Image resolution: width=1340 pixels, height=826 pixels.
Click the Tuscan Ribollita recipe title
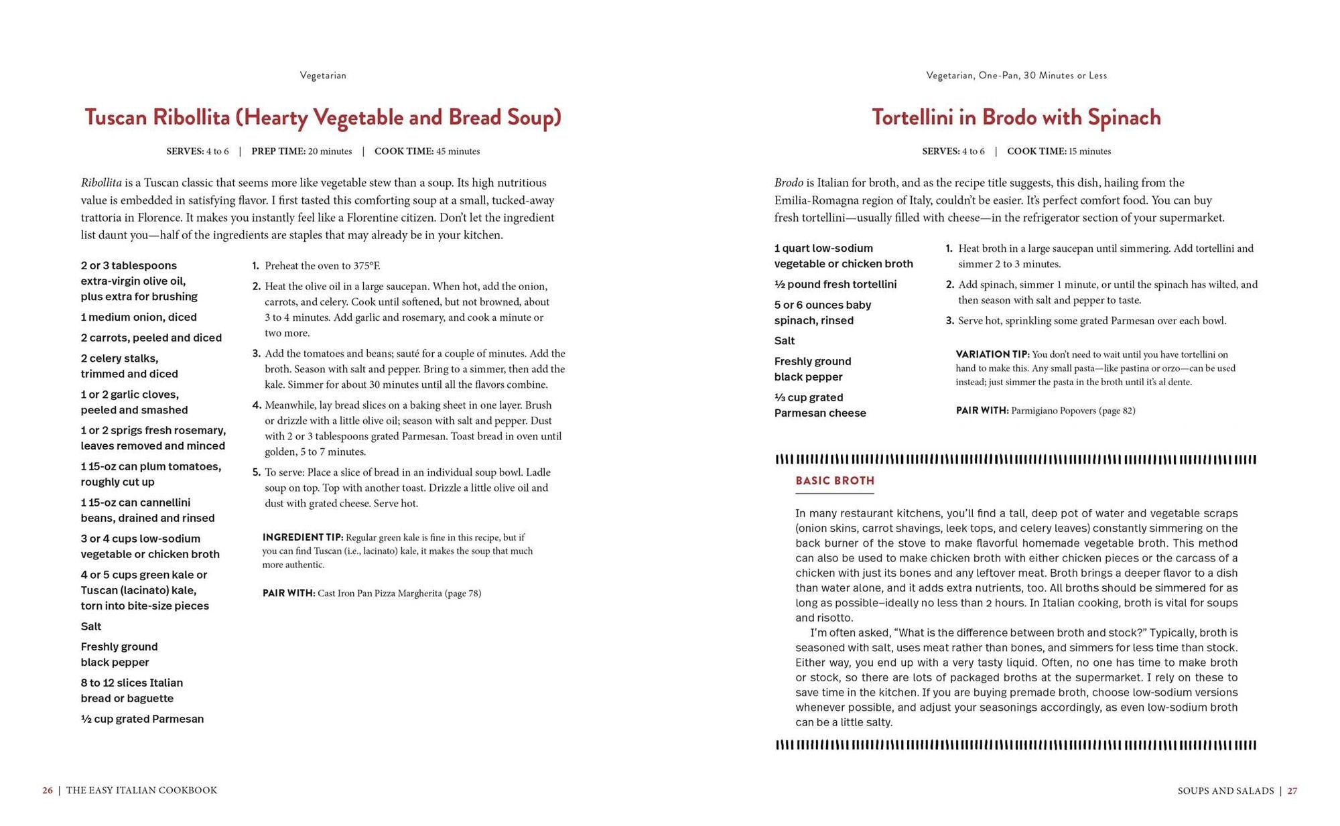click(x=323, y=117)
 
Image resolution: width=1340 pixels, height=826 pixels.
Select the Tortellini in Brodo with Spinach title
click(x=1016, y=117)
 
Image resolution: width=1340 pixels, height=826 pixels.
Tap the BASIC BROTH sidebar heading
click(x=835, y=480)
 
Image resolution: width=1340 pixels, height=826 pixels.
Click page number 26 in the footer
click(x=48, y=790)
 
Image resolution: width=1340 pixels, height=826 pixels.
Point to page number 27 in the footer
click(x=1292, y=790)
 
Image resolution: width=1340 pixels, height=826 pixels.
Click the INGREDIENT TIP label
click(x=303, y=537)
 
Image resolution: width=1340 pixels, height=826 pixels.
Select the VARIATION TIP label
click(x=992, y=354)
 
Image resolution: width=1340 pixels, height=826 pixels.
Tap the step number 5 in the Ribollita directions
click(x=256, y=472)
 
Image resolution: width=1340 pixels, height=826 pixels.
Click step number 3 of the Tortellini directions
click(x=949, y=321)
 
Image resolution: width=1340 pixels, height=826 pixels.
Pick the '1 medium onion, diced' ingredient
click(x=139, y=317)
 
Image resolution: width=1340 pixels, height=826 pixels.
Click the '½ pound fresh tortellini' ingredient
click(x=835, y=284)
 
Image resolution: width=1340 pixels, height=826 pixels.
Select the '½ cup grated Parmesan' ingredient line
click(x=142, y=719)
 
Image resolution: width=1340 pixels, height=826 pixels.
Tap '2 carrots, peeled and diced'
click(x=151, y=338)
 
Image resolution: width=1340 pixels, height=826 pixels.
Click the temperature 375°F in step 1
click(x=366, y=266)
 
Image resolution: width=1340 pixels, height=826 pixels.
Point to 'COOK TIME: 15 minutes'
click(x=1059, y=151)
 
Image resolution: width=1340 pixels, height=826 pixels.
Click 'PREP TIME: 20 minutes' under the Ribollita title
click(x=301, y=151)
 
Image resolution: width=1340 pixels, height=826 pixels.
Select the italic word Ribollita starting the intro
click(x=101, y=183)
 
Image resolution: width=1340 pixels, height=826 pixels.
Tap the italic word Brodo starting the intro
click(x=789, y=183)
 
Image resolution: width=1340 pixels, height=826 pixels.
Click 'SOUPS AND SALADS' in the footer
click(x=1225, y=790)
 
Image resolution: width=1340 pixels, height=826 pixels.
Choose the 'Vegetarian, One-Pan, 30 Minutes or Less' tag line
click(x=1016, y=76)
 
